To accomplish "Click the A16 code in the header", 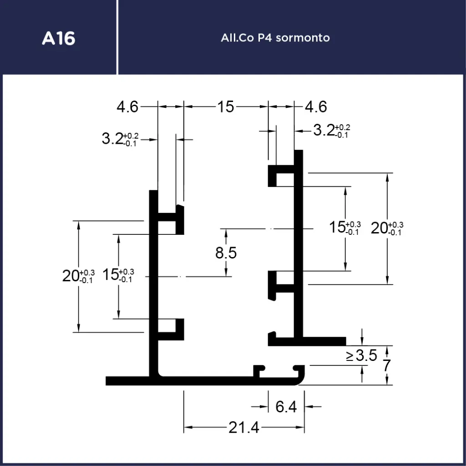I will pos(58,38).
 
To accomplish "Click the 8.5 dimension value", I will pos(226,253).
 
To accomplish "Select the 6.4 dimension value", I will pos(286,406).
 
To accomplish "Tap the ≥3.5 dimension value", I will pos(361,356).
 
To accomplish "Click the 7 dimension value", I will pos(387,365).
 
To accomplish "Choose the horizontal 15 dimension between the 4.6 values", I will pos(225,107).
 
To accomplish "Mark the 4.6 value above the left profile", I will pos(127,107).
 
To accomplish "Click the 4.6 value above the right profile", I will pos(316,107).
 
